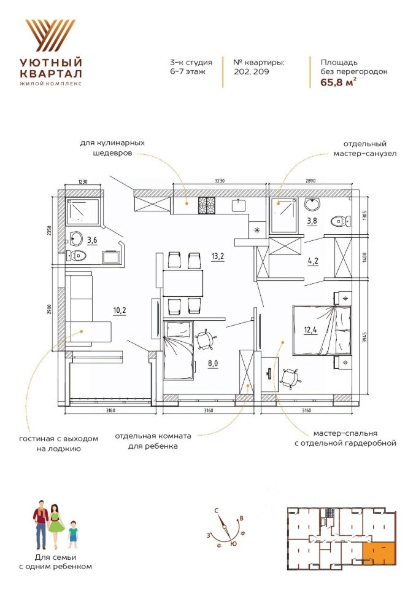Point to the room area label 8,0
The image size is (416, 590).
pyautogui.click(x=213, y=363)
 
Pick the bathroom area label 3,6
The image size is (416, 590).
pyautogui.click(x=92, y=240)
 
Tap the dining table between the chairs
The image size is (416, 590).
pyautogui.click(x=183, y=283)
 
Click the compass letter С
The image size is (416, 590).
pyautogui.click(x=217, y=510)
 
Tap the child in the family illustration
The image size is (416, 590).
pyautogui.click(x=73, y=533)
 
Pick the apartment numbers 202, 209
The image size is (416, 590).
pyautogui.click(x=251, y=71)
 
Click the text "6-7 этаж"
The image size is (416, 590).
pyautogui.click(x=188, y=71)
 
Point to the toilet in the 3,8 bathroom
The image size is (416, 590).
pyautogui.click(x=337, y=221)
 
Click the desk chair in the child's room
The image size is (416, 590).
pyautogui.click(x=204, y=339)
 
